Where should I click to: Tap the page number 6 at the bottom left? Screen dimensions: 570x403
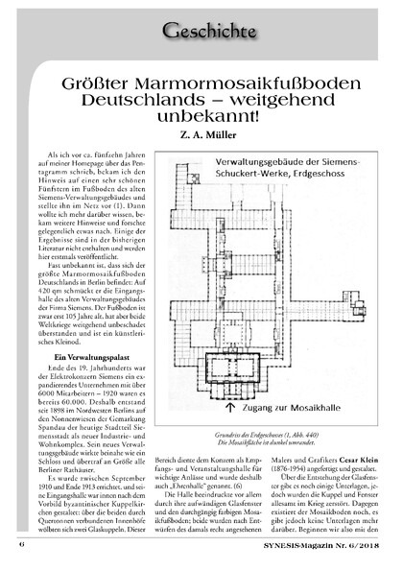coord(21,556)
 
